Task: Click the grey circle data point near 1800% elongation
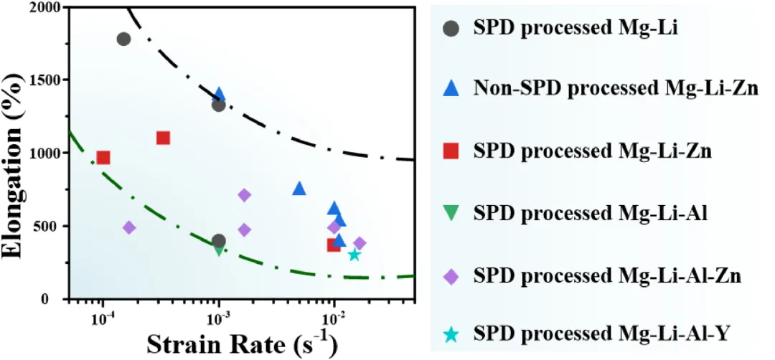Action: (123, 39)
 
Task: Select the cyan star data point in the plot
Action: (354, 255)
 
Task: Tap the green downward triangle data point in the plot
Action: (220, 250)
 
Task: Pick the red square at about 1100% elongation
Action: (163, 138)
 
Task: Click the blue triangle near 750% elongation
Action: (299, 189)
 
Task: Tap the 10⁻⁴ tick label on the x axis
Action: (103, 318)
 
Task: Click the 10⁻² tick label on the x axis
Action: (334, 318)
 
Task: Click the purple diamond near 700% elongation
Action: (245, 195)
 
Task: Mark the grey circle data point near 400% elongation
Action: (219, 241)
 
